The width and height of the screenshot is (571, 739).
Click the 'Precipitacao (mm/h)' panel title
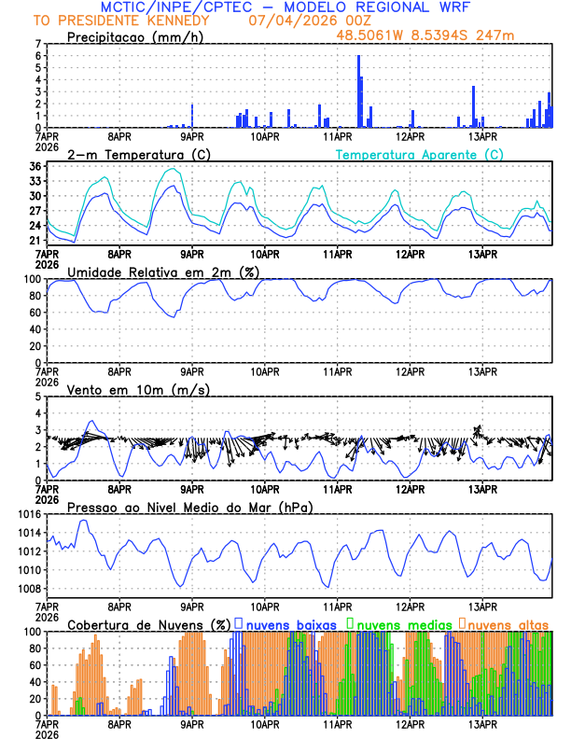click(136, 36)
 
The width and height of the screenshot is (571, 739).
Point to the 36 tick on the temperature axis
click(35, 167)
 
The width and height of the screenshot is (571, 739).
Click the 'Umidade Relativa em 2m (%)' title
click(163, 272)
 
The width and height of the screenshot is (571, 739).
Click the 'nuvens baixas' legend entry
click(295, 623)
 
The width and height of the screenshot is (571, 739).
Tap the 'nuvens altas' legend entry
click(508, 623)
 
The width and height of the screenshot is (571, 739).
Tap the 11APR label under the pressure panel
click(337, 603)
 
